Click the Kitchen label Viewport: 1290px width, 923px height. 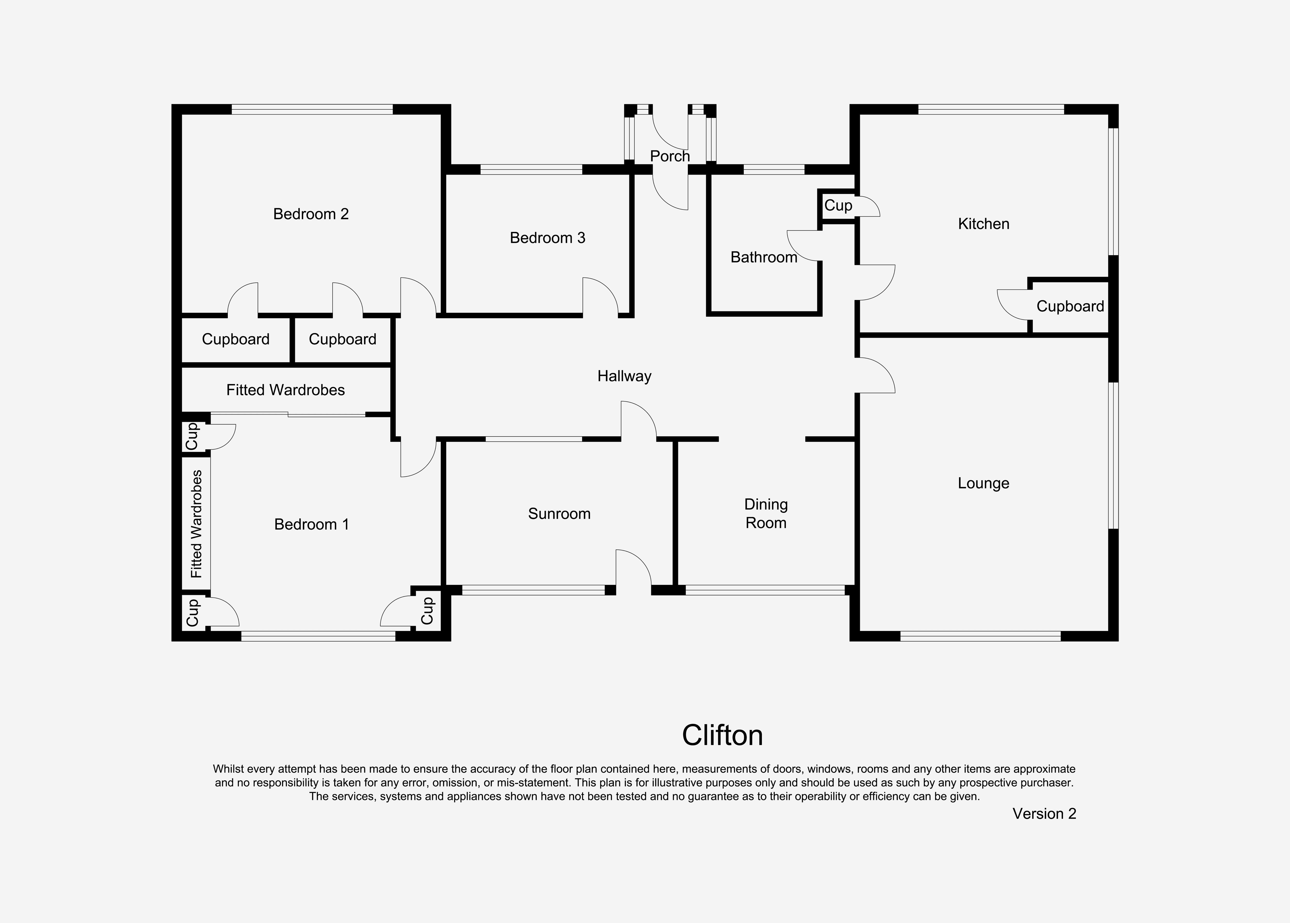[983, 224]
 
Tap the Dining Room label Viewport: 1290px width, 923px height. [765, 514]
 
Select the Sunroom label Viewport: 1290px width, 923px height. [559, 514]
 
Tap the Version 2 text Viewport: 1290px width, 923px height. [1044, 814]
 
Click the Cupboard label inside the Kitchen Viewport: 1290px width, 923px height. [1069, 306]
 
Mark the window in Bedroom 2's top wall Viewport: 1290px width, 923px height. [312, 109]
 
